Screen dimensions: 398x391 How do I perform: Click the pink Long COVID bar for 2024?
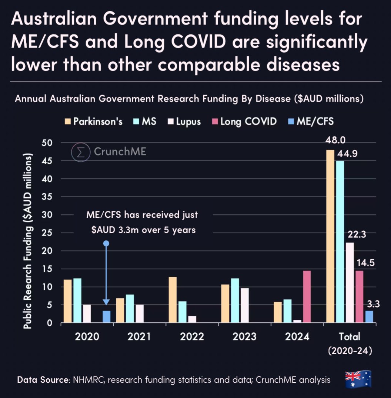coord(307,297)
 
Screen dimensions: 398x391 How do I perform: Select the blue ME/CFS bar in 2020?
coord(107,317)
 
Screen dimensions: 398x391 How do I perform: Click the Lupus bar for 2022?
coord(192,319)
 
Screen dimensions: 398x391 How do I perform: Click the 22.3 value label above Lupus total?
coord(355,234)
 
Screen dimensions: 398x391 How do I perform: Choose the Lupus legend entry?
coord(185,121)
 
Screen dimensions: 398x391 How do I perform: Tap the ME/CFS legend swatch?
coord(291,121)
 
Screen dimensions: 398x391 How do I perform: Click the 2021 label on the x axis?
coord(139,337)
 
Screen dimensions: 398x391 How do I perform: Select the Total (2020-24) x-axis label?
coord(350,343)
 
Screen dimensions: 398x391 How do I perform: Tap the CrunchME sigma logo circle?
coord(81,152)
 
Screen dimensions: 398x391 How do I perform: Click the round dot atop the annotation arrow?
coord(106,244)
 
